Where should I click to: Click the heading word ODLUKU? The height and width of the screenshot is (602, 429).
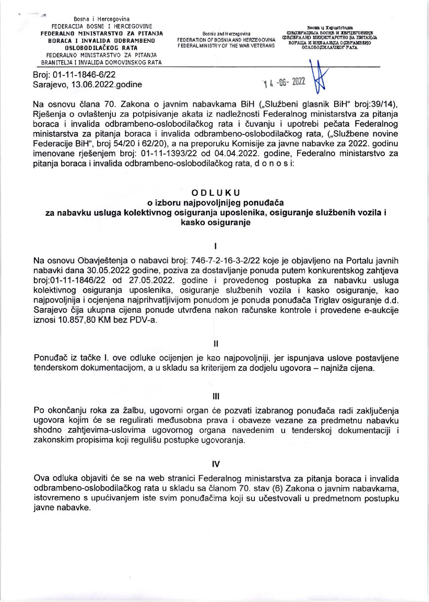216,192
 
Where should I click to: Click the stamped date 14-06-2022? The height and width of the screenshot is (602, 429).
284,82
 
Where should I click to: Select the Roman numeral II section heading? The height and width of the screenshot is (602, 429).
216,344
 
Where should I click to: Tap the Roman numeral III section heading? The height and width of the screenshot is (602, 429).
216,397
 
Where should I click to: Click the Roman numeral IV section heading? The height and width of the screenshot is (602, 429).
216,464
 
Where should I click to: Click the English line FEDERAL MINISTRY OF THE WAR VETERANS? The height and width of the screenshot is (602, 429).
226,46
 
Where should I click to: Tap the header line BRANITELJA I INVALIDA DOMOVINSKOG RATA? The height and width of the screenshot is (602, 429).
101,63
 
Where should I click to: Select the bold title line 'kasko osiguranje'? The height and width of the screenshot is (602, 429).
216,222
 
